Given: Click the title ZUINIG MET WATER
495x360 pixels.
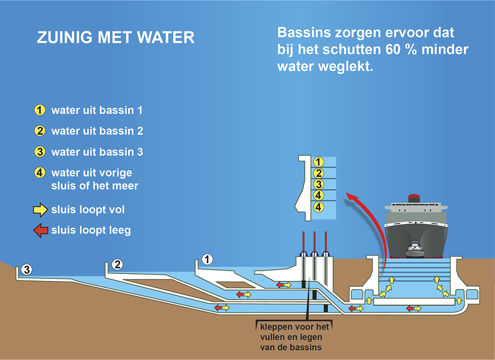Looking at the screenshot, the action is [x=115, y=38].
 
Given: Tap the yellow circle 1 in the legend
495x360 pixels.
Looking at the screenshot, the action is [x=40, y=110].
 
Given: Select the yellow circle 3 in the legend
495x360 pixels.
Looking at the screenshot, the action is [x=40, y=152].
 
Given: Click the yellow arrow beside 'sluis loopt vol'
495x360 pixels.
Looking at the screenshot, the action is [x=41, y=210].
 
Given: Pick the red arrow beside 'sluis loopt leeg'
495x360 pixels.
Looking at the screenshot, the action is [x=41, y=230].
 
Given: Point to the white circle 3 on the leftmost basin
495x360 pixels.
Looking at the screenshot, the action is [x=27, y=270].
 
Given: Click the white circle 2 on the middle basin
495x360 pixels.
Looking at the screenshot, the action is [x=117, y=265].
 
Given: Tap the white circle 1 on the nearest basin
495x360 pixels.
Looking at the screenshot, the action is [x=207, y=260].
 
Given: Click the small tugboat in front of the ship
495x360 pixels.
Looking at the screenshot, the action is [x=414, y=249].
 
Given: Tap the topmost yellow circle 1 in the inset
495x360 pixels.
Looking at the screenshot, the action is [x=318, y=162].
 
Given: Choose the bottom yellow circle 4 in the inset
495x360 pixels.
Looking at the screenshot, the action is [x=318, y=207].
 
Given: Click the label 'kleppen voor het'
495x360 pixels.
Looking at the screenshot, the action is [x=294, y=326].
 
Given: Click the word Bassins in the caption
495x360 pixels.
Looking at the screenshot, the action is [x=304, y=33].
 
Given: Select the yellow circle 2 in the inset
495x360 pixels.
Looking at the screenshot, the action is [x=318, y=173].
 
